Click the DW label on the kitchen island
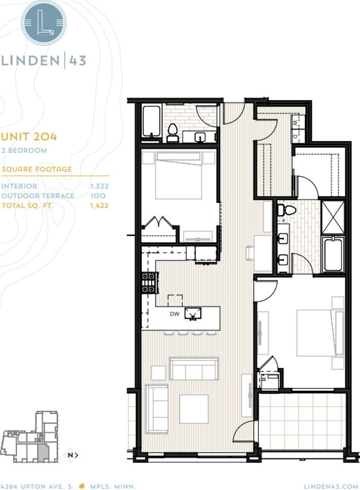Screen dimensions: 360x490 174,314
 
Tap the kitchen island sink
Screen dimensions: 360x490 193,313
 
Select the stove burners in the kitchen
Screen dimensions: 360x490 150,283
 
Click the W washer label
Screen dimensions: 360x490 295,123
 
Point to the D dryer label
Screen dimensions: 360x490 295,136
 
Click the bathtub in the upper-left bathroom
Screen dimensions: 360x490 152,121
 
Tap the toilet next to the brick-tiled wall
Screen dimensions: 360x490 172,133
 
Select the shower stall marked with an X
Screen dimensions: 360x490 333,217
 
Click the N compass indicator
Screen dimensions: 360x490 70,455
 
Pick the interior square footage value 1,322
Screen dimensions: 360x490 99,186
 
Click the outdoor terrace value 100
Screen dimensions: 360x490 98,196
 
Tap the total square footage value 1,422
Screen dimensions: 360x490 99,205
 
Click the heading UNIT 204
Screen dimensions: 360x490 29,136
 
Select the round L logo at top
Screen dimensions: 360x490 44,23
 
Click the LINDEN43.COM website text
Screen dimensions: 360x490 331,486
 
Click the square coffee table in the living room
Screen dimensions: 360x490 194,409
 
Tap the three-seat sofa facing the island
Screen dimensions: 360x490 194,369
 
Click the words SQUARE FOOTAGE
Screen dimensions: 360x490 37,169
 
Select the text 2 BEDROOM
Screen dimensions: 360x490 24,150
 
